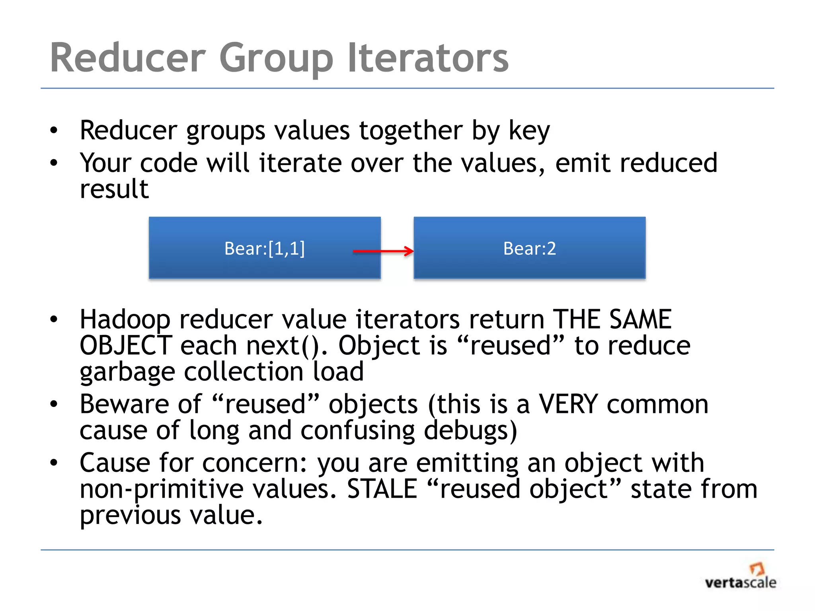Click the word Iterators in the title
tap(428, 58)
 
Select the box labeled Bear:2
tap(529, 248)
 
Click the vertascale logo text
tap(740, 583)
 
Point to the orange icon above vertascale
tap(757, 568)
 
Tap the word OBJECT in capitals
tap(126, 345)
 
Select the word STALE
tap(382, 489)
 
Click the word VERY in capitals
tap(568, 404)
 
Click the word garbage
tap(127, 372)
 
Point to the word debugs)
tap(470, 431)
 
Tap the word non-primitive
tap(161, 490)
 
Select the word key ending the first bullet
tap(529, 131)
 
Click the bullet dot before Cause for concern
tap(54, 463)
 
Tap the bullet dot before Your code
tap(54, 163)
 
